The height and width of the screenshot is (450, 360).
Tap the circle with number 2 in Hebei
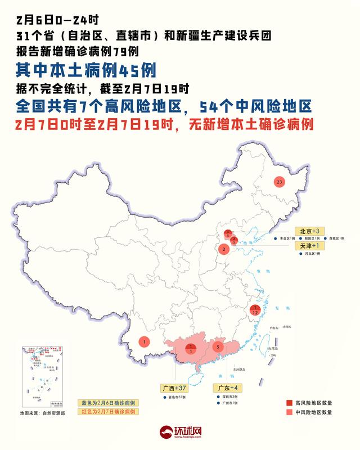pos(224,249)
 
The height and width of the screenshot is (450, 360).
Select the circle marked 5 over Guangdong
pos(217,347)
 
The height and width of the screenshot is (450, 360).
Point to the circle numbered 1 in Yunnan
pos(145,341)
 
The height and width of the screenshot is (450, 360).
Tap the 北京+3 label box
pos(309,231)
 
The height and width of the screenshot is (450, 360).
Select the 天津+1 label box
pos(309,246)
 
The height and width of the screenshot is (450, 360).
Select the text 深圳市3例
pos(227,398)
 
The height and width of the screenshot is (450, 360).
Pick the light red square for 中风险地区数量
pos(289,412)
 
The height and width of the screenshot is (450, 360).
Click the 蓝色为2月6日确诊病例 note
pos(107,403)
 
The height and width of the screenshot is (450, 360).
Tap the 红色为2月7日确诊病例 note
pos(107,412)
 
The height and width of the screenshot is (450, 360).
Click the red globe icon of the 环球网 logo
pos(165,432)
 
